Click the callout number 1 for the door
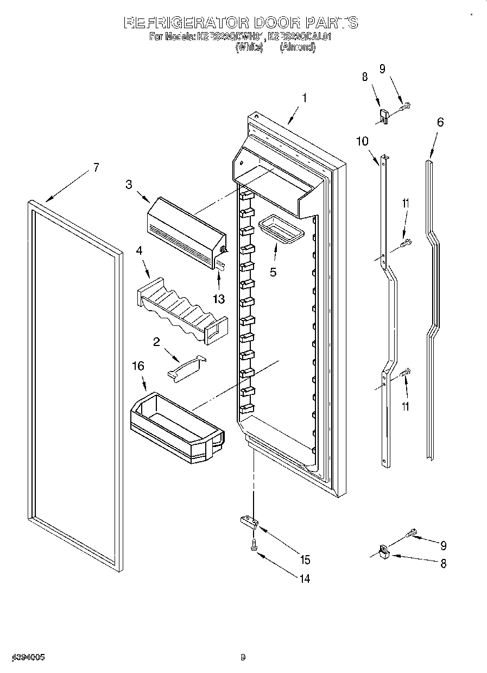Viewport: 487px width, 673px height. click(304, 98)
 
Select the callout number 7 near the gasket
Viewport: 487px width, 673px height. click(96, 168)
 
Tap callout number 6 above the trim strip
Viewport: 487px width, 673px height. click(440, 122)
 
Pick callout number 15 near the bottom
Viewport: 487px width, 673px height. click(305, 559)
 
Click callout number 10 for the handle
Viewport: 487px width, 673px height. click(362, 141)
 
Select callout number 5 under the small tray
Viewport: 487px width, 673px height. click(273, 272)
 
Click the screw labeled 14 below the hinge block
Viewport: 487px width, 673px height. click(254, 544)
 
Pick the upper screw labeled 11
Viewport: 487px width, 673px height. click(406, 243)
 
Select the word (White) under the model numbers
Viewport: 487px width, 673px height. click(249, 47)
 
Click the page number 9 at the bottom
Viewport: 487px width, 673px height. click(243, 658)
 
